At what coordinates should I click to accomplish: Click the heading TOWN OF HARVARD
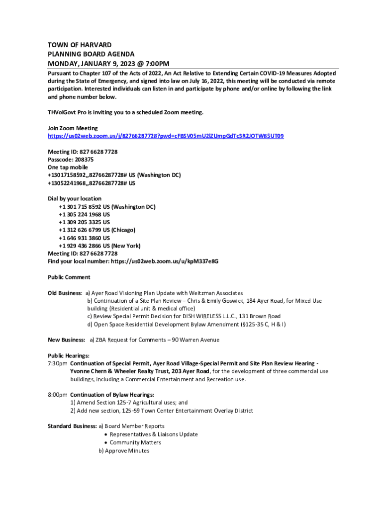pos(80,45)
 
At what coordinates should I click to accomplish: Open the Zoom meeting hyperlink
pos(166,136)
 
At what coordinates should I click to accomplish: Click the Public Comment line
pos(69,277)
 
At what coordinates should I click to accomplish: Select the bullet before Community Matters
pos(106,442)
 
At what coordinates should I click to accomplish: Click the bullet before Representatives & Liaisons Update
pos(106,434)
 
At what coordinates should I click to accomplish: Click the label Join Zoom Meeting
pos(73,128)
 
